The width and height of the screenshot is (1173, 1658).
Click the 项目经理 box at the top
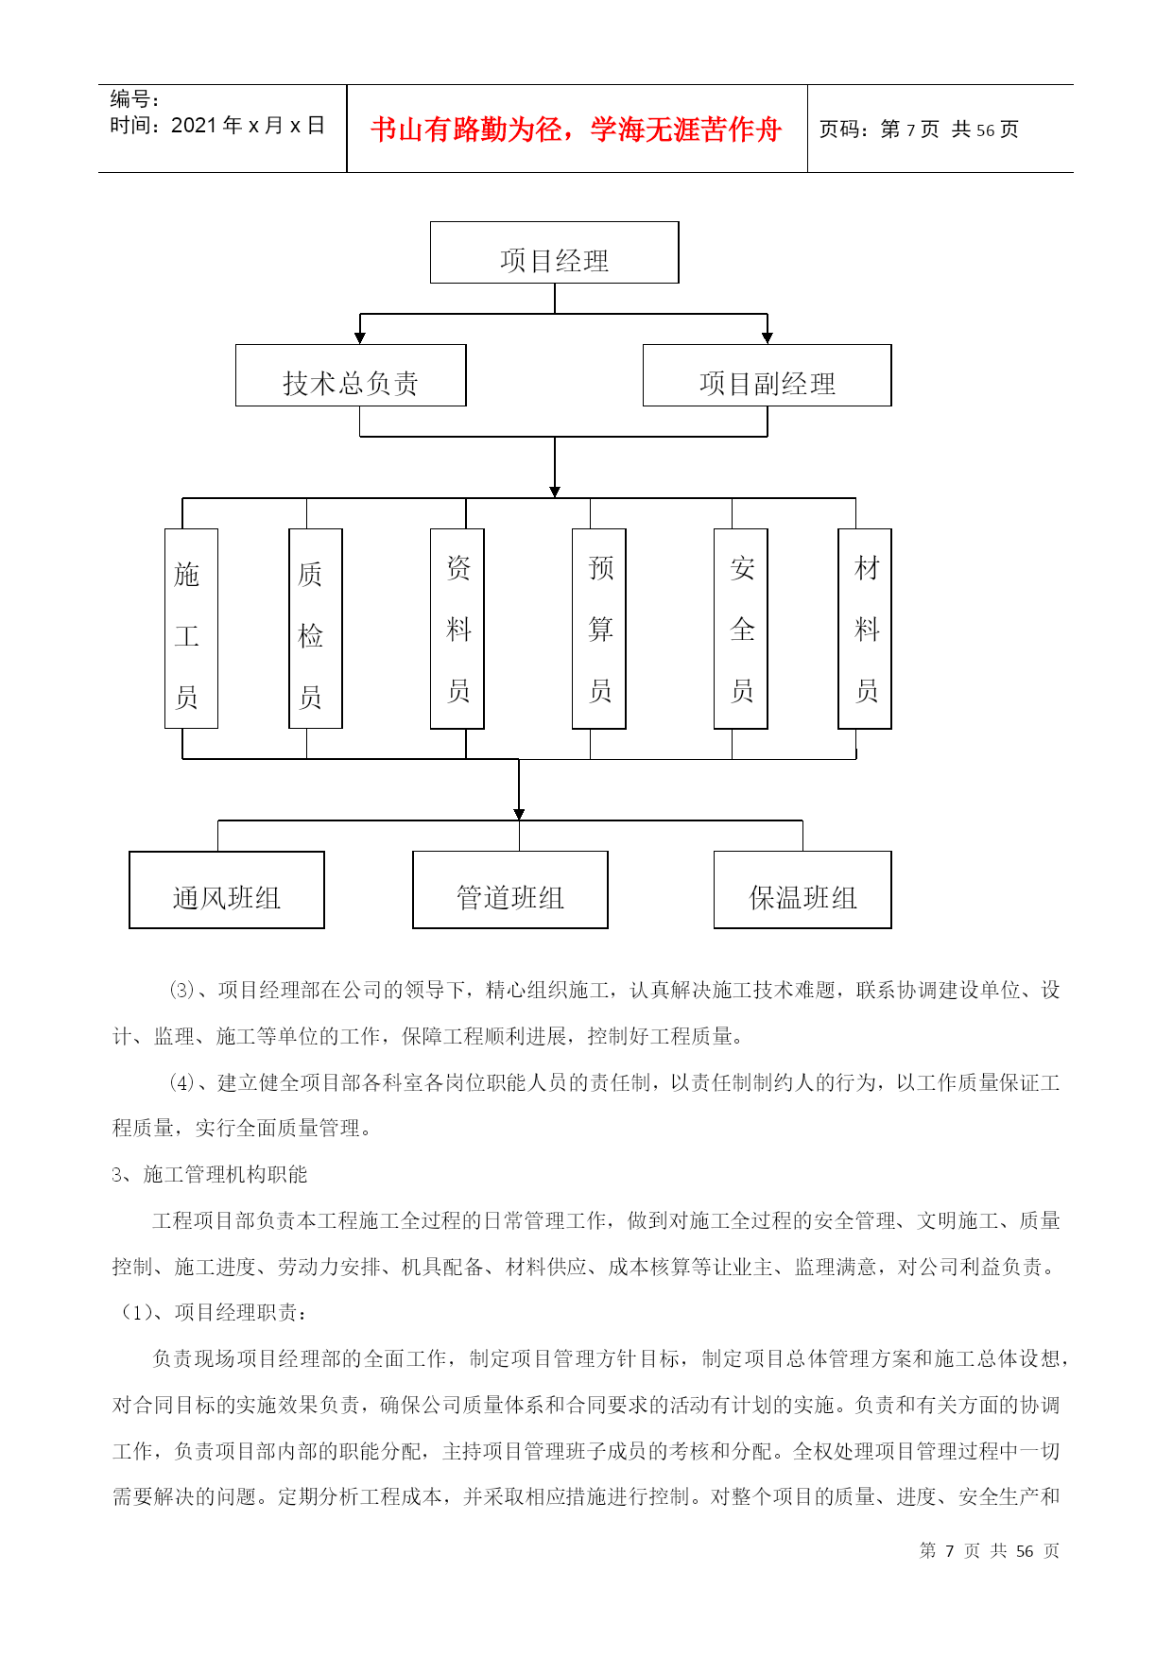554,252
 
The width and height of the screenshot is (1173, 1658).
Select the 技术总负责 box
351,375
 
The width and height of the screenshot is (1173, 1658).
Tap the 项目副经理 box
767,375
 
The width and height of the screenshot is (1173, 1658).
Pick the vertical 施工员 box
191,629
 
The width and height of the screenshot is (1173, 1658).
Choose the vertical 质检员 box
315,629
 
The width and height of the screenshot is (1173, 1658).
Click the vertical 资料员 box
457,629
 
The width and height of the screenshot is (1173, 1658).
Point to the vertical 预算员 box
599,629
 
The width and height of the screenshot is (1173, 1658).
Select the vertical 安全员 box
741,629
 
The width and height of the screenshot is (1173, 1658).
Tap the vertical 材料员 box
865,629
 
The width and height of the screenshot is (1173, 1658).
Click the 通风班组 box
227,889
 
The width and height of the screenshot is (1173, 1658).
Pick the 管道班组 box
510,889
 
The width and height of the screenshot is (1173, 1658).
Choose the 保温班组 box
802,889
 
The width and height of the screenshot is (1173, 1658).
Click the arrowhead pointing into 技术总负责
360,337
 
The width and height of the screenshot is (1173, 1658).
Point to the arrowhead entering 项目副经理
768,337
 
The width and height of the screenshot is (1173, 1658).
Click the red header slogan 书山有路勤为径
576,130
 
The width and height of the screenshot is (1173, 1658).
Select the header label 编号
134,99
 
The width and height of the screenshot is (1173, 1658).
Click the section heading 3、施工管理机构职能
210,1175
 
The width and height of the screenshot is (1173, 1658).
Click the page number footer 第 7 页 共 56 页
990,1551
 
